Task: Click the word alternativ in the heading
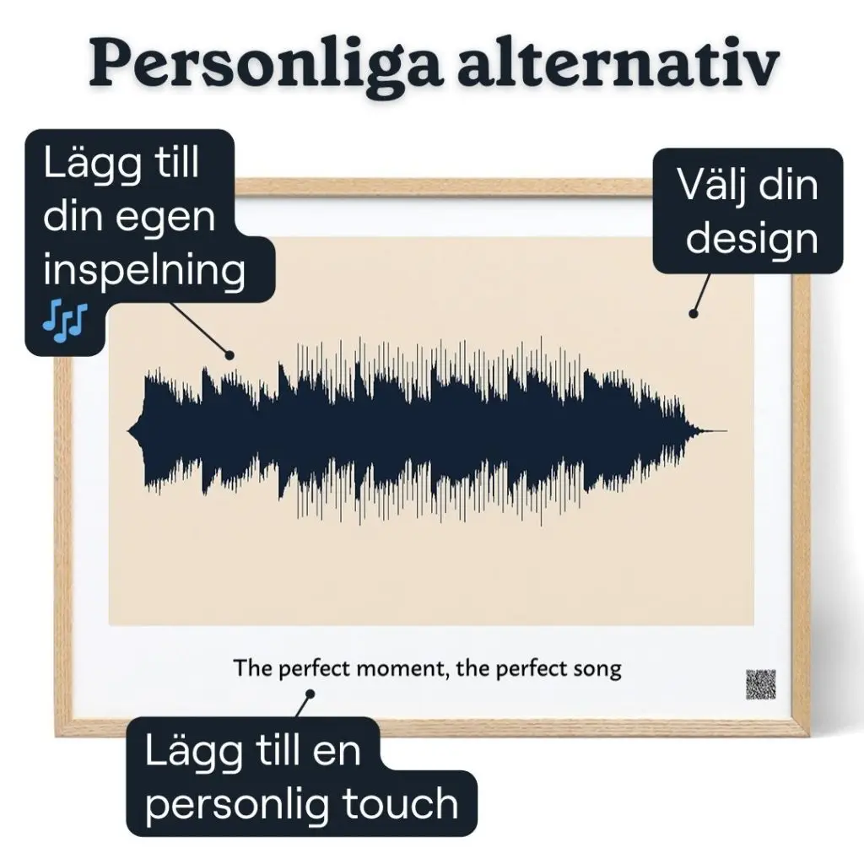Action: click(x=618, y=62)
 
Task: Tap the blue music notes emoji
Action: click(x=65, y=321)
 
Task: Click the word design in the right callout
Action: click(x=752, y=240)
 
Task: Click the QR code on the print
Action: click(x=761, y=684)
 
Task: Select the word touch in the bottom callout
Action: click(x=401, y=804)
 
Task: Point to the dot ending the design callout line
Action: click(x=694, y=314)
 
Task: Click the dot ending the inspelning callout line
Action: click(x=229, y=355)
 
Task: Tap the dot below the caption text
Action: click(x=310, y=694)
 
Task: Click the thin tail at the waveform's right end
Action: click(x=714, y=431)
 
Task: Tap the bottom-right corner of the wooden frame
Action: click(x=809, y=736)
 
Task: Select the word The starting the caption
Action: click(x=253, y=667)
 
